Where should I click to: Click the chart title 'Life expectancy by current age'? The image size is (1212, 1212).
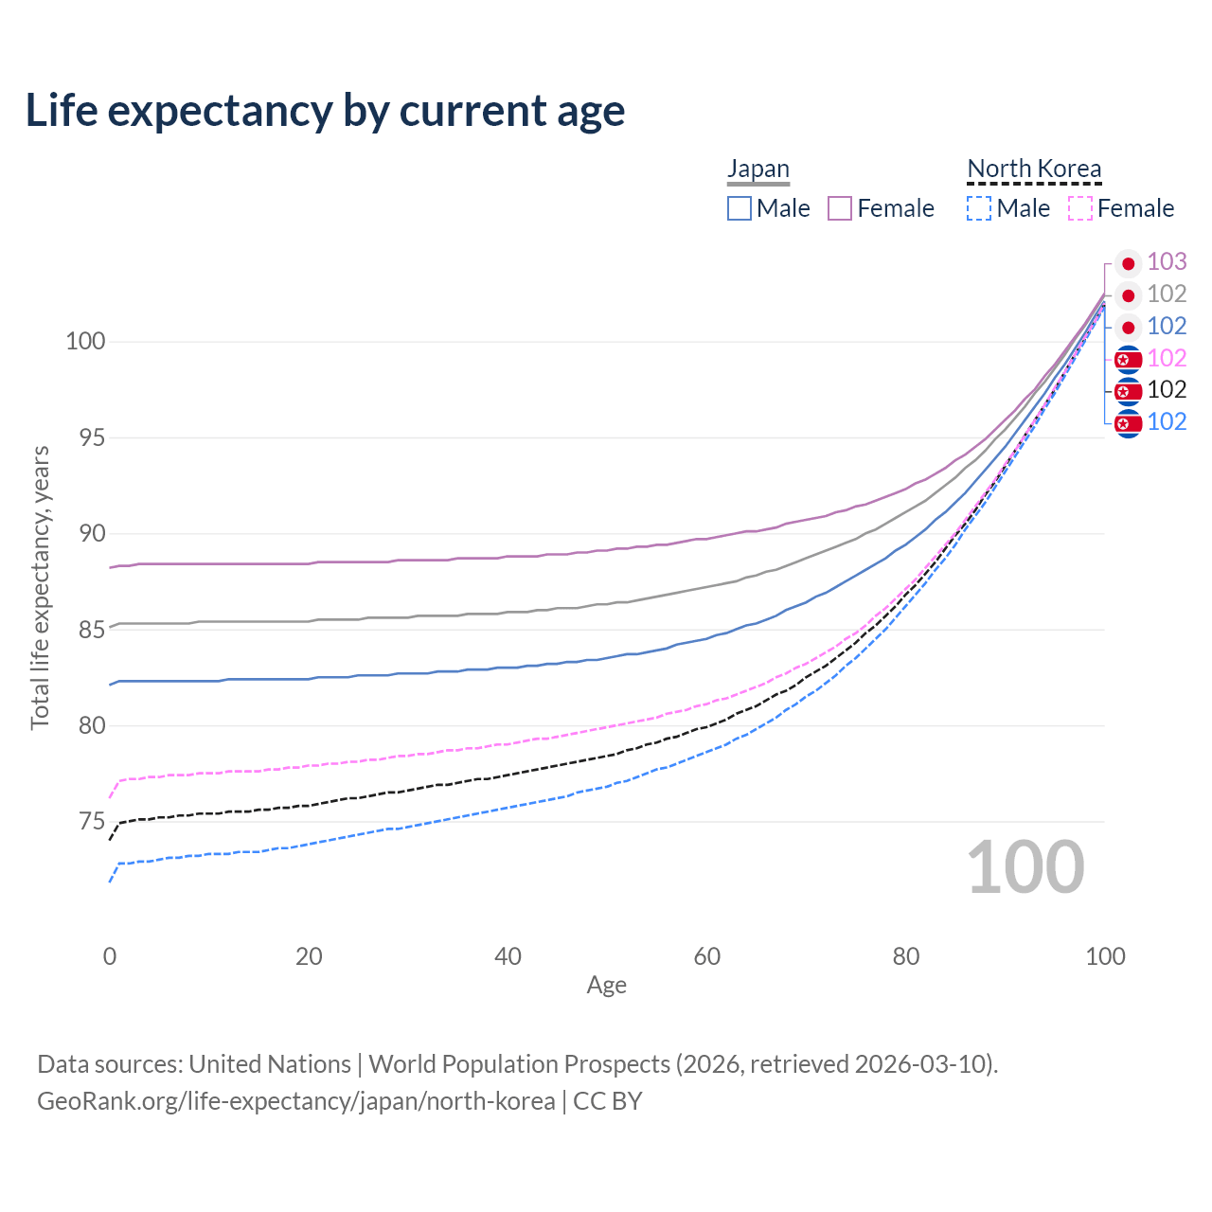pyautogui.click(x=325, y=111)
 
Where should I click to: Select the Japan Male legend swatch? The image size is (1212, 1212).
pyautogui.click(x=740, y=208)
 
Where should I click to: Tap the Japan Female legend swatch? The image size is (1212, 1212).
pyautogui.click(x=840, y=208)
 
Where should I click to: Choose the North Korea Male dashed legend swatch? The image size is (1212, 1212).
pyautogui.click(x=979, y=208)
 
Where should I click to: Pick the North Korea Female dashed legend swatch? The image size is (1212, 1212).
pyautogui.click(x=1080, y=208)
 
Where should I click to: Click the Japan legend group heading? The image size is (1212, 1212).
pyautogui.click(x=758, y=169)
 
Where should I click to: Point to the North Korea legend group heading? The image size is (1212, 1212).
pyautogui.click(x=1034, y=169)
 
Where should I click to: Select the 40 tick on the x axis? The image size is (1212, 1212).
pyautogui.click(x=508, y=956)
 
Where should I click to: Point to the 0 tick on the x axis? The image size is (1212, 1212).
pyautogui.click(x=110, y=956)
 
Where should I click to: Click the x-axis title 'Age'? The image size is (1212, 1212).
pyautogui.click(x=606, y=986)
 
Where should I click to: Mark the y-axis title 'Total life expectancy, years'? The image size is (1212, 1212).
pyautogui.click(x=40, y=588)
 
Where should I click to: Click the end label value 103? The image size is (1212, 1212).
pyautogui.click(x=1167, y=261)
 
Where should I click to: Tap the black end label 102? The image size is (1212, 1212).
pyautogui.click(x=1167, y=389)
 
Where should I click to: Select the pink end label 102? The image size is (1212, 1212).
pyautogui.click(x=1167, y=358)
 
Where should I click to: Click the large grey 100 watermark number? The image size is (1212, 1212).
pyautogui.click(x=1025, y=867)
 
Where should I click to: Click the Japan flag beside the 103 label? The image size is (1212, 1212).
pyautogui.click(x=1128, y=263)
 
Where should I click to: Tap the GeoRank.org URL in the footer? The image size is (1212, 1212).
pyautogui.click(x=296, y=1101)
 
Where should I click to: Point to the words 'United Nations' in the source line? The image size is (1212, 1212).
pyautogui.click(x=270, y=1064)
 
